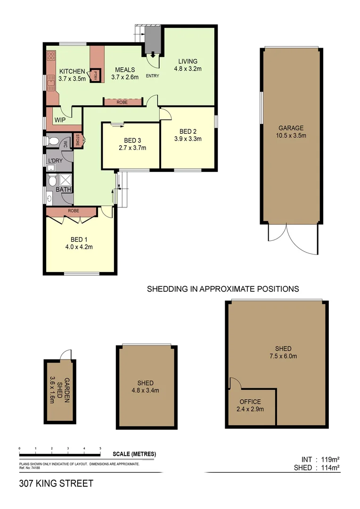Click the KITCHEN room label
pyautogui.click(x=72, y=72)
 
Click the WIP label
pyautogui.click(x=60, y=120)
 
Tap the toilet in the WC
pyautogui.click(x=53, y=141)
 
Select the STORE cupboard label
pyautogui.click(x=79, y=140)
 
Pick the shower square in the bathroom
pyautogui.click(x=65, y=181)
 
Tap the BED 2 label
pyautogui.click(x=188, y=131)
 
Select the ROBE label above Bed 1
pyautogui.click(x=73, y=211)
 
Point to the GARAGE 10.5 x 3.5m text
pyautogui.click(x=291, y=131)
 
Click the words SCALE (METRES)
pyautogui.click(x=134, y=454)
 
